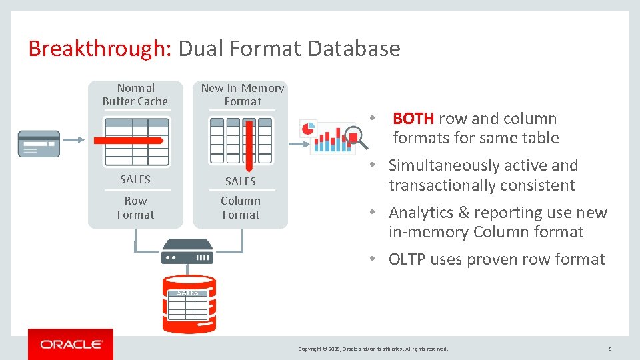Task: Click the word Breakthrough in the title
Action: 100,49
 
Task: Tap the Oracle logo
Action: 71,344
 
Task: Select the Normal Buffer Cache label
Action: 135,95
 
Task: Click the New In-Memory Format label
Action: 243,95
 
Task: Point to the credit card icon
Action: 39,143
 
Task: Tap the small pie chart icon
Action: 308,129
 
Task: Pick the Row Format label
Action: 135,207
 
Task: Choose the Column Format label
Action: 241,207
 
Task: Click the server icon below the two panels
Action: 187,252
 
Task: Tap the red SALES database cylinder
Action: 189,303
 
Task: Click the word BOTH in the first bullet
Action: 413,119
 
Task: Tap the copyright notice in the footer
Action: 373,349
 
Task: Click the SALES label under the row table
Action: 135,179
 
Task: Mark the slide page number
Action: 610,349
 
